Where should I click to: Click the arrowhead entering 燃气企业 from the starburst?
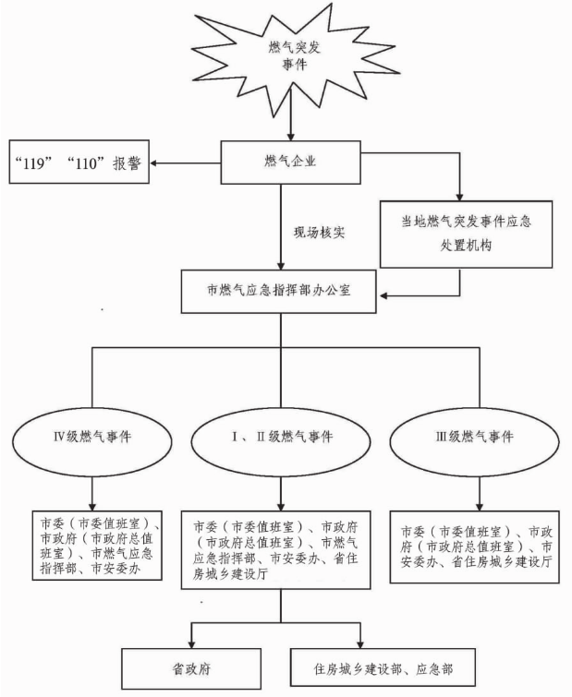coord(293,136)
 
